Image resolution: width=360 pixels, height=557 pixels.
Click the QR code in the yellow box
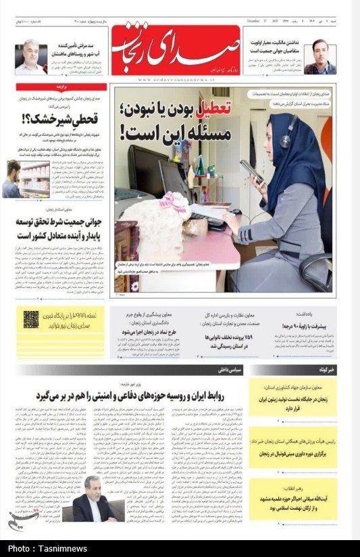click(31, 320)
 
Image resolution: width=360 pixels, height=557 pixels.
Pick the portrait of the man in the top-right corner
click(319, 58)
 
